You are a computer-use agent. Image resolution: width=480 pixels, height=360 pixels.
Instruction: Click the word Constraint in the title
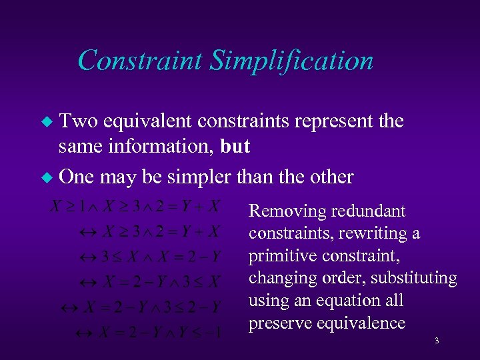point(140,61)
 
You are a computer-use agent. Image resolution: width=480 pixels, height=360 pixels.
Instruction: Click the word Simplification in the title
point(291,61)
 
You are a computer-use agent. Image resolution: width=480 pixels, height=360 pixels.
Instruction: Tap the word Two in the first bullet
point(77,121)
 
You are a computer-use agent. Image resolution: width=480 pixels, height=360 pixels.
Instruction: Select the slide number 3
point(436,341)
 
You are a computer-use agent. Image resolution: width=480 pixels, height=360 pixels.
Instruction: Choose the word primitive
point(283,256)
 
